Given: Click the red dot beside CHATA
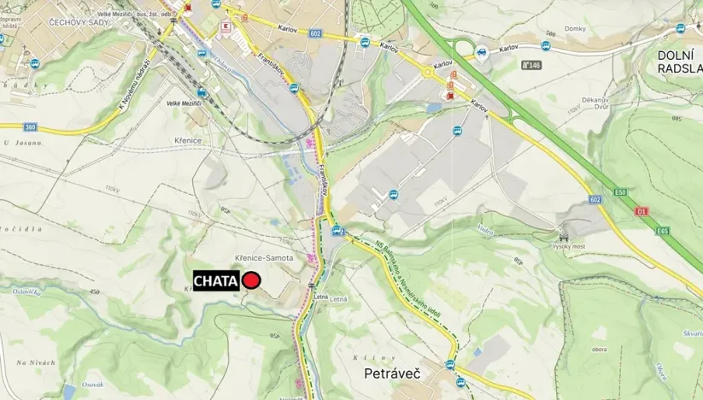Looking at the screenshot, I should point(251,280).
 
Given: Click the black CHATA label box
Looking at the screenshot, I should point(216,280).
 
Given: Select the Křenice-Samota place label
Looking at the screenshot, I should point(264,258).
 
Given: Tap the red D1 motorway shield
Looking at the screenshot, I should point(642,210).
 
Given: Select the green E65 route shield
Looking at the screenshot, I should point(663,230).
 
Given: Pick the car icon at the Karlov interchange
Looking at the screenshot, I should point(482,52).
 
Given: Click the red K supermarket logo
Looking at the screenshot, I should point(226,26).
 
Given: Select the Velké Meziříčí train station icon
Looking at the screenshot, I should point(202,92).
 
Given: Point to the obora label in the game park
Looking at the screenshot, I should point(598,348).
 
